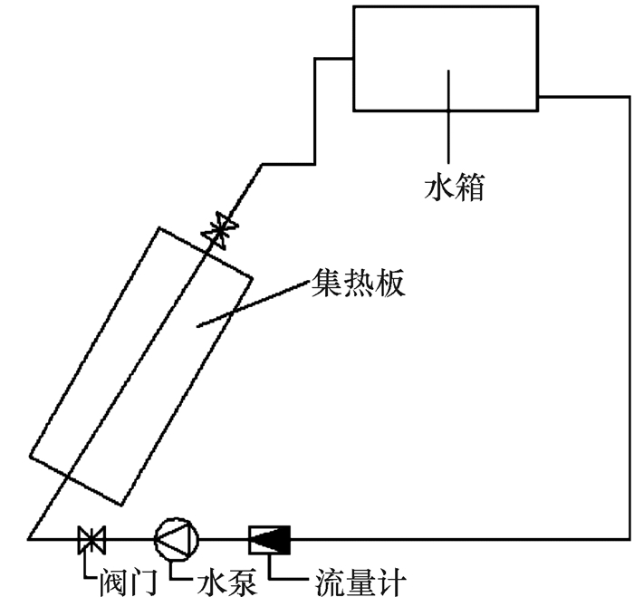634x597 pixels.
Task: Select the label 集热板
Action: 356,284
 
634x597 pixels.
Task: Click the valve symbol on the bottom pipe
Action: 91,539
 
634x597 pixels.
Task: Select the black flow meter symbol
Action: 268,539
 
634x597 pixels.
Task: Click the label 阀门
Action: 110,578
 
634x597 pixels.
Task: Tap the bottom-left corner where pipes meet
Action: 29,539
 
